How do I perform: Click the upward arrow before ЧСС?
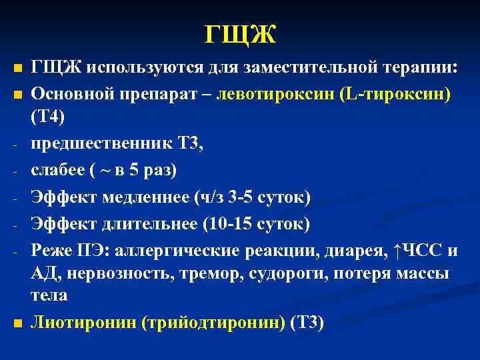tap(398, 250)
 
